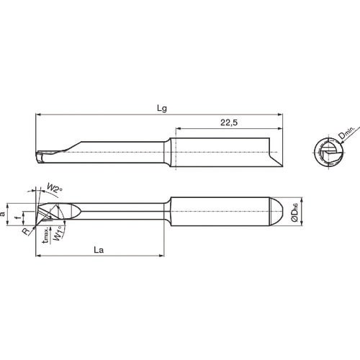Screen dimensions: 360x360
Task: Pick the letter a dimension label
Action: [6, 214]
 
